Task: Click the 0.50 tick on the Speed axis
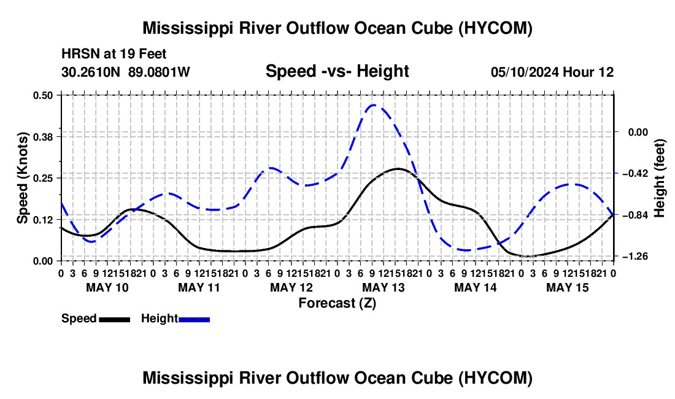coord(42,95)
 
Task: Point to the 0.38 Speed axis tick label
coord(42,137)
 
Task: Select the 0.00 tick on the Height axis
coord(638,132)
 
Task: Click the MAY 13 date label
coord(384,287)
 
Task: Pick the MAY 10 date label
coord(107,287)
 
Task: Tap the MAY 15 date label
coord(568,287)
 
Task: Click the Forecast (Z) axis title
coord(337,303)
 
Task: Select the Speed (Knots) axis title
coord(22,178)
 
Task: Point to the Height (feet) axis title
coord(660,178)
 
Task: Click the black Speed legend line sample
coord(115,320)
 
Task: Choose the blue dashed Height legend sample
coord(194,320)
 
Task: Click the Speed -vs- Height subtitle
coord(337,71)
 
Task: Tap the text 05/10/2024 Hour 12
coord(552,72)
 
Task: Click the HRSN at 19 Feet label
coord(114,54)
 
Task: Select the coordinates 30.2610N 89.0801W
coord(126,72)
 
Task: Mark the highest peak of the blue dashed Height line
coord(374,104)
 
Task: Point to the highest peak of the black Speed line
coord(398,168)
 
